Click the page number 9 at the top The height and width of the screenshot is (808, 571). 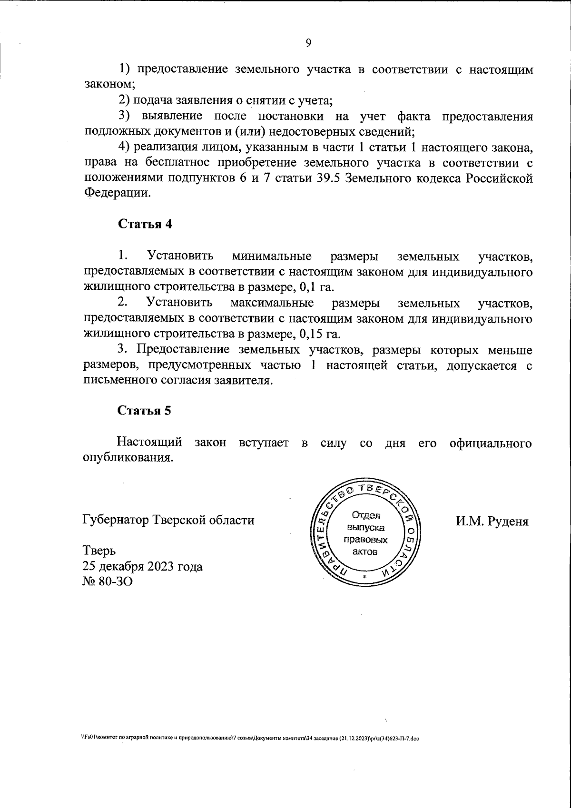coord(308,43)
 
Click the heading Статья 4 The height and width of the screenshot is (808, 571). coord(145,224)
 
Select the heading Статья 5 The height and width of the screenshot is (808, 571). coord(144,411)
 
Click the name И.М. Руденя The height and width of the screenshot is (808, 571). coord(492,521)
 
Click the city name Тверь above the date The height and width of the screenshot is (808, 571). coord(99,550)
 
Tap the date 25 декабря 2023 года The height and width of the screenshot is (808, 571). coord(143,566)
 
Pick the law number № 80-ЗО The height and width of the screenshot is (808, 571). coord(108,581)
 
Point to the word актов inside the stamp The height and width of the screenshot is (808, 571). coord(365,552)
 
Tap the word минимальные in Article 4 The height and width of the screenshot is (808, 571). coord(272,256)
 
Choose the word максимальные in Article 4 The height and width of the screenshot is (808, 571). coord(272,303)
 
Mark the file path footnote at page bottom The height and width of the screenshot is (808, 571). coord(250,752)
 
